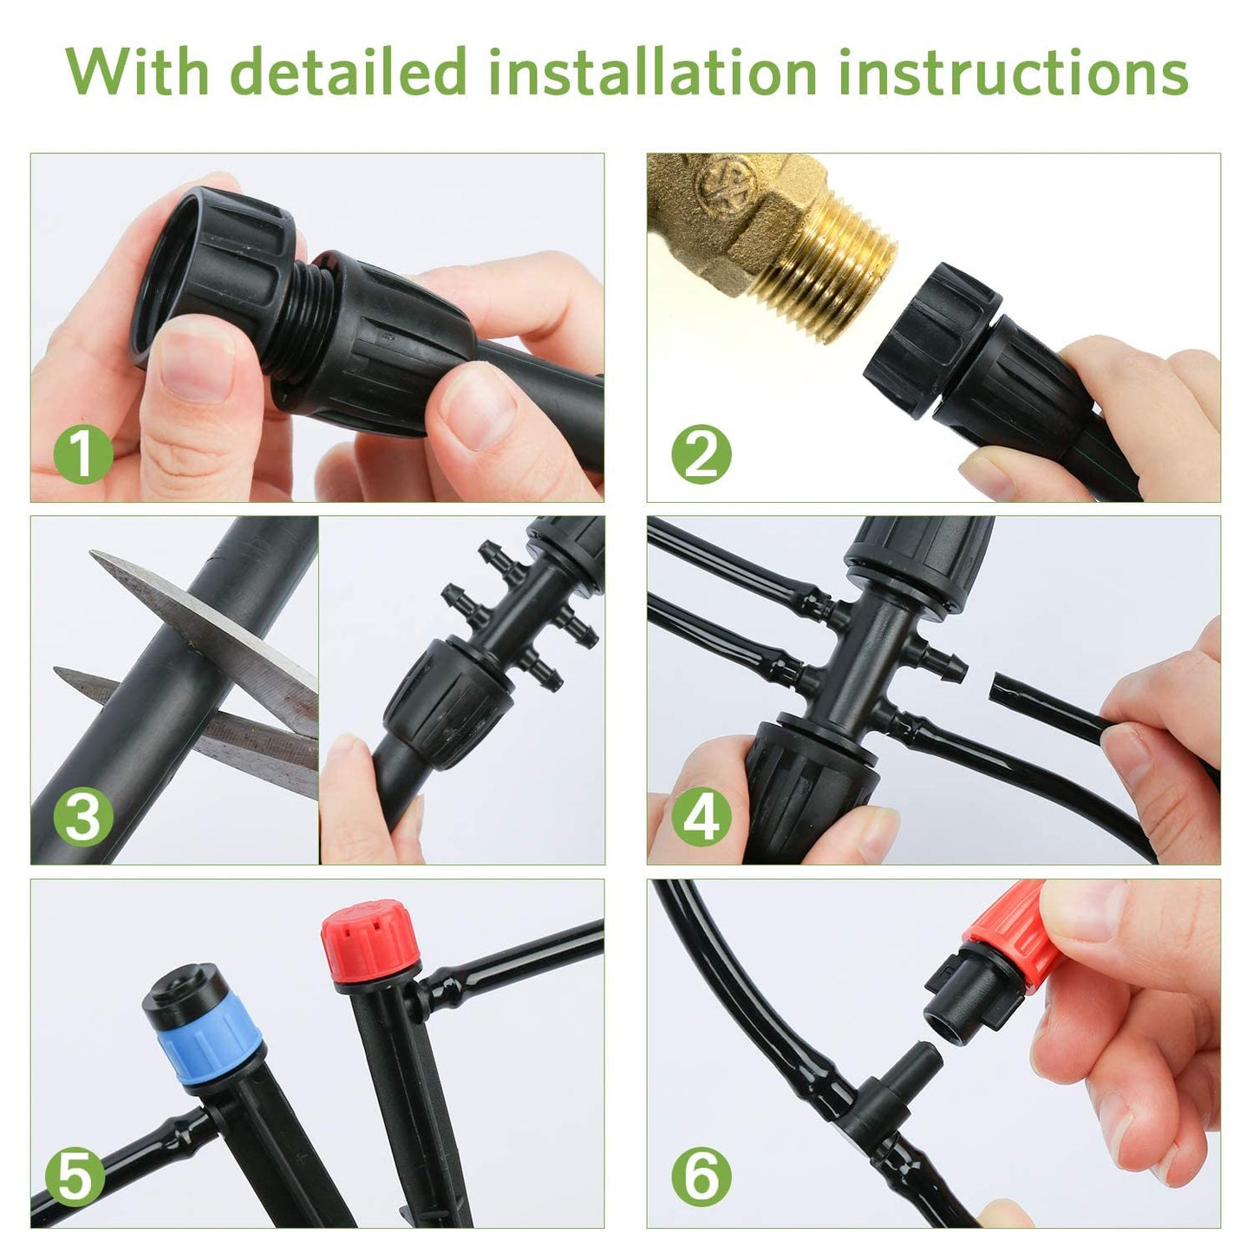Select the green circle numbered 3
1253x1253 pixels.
pos(83,816)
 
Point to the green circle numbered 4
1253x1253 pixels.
pos(701,816)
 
